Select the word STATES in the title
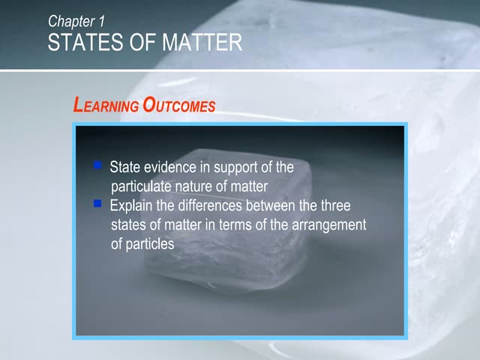(78, 43)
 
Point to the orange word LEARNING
(106, 106)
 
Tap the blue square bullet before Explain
(97, 202)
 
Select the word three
(335, 205)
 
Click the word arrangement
(325, 225)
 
